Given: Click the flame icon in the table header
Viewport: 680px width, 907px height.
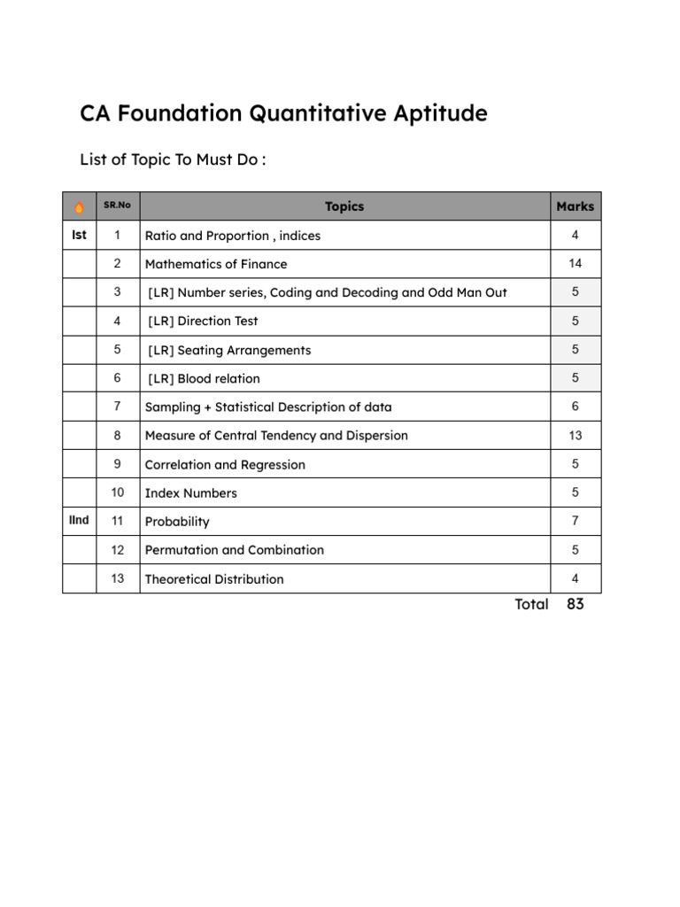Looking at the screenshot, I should [79, 207].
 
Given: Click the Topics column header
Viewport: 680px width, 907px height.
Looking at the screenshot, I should [344, 206].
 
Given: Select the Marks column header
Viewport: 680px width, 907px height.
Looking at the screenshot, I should [576, 206].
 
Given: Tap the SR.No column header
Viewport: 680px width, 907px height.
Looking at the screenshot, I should [117, 205].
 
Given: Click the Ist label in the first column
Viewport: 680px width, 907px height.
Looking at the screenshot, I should [79, 236].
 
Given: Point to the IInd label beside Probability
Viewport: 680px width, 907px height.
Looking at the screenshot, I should [79, 521].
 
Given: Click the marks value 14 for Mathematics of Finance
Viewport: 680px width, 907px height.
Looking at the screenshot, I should [576, 264].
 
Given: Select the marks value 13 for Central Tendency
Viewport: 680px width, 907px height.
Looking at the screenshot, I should [576, 436].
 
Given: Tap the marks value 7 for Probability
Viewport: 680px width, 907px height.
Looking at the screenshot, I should [576, 522].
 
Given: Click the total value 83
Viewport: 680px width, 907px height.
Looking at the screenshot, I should [576, 605].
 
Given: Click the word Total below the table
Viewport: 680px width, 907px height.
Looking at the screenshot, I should [531, 605].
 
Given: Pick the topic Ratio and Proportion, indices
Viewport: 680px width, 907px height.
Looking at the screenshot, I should [233, 236].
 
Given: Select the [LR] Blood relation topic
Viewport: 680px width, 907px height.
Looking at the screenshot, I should [205, 379].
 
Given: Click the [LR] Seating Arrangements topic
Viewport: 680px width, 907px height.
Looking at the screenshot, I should [229, 350].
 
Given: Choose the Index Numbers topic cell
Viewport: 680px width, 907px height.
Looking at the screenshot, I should [191, 493].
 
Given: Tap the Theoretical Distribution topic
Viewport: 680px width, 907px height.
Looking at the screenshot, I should [214, 579].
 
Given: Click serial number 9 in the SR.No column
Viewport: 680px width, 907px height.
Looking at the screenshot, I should [117, 464].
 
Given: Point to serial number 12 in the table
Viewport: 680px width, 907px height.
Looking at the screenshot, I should [118, 550].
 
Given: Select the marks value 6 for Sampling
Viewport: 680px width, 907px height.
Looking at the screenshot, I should [576, 407].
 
